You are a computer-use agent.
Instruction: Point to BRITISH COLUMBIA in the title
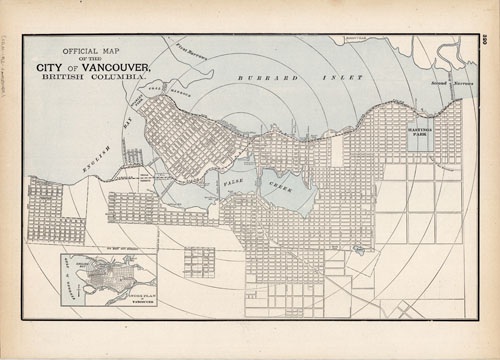(92, 78)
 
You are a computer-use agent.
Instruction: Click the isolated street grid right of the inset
(199, 262)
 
